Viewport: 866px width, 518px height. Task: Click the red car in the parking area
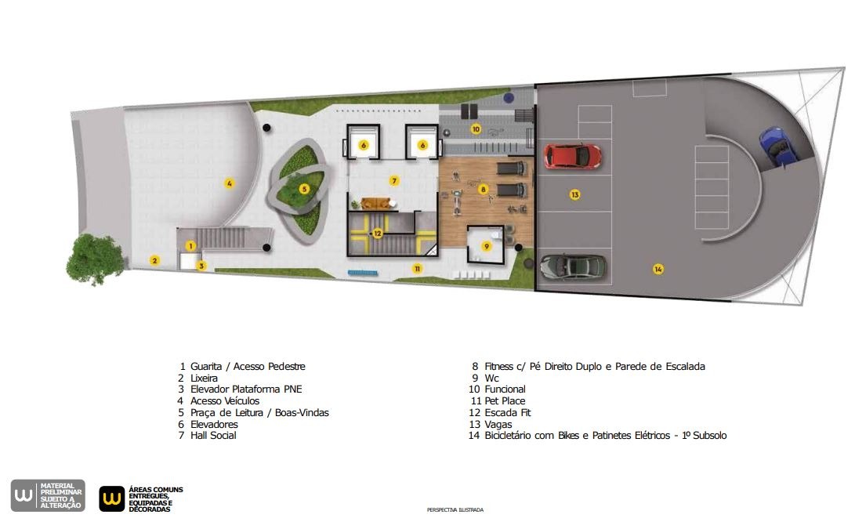click(572, 156)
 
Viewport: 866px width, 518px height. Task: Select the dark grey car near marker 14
click(573, 267)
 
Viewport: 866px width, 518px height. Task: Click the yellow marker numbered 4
click(229, 183)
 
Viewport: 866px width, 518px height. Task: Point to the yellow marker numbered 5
click(304, 189)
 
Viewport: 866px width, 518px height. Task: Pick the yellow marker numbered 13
click(575, 194)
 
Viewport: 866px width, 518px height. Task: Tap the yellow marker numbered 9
click(487, 246)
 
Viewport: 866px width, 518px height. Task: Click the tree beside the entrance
click(95, 259)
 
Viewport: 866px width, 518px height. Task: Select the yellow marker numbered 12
click(378, 234)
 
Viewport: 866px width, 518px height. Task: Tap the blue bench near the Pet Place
click(363, 273)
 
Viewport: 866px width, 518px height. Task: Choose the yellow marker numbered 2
click(155, 260)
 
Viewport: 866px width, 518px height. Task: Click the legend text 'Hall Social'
click(213, 435)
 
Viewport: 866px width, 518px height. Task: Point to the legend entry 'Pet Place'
click(505, 401)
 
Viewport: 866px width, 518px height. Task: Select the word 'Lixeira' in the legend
click(204, 379)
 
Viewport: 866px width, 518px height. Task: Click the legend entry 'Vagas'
click(498, 425)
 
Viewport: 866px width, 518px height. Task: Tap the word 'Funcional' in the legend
click(505, 389)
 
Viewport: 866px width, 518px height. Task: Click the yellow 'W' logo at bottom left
click(111, 498)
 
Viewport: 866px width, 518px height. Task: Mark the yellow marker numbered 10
click(476, 129)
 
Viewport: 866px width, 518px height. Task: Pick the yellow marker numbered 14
click(658, 269)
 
